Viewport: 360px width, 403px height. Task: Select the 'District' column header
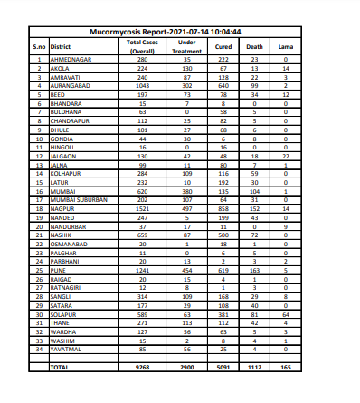tap(62, 46)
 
